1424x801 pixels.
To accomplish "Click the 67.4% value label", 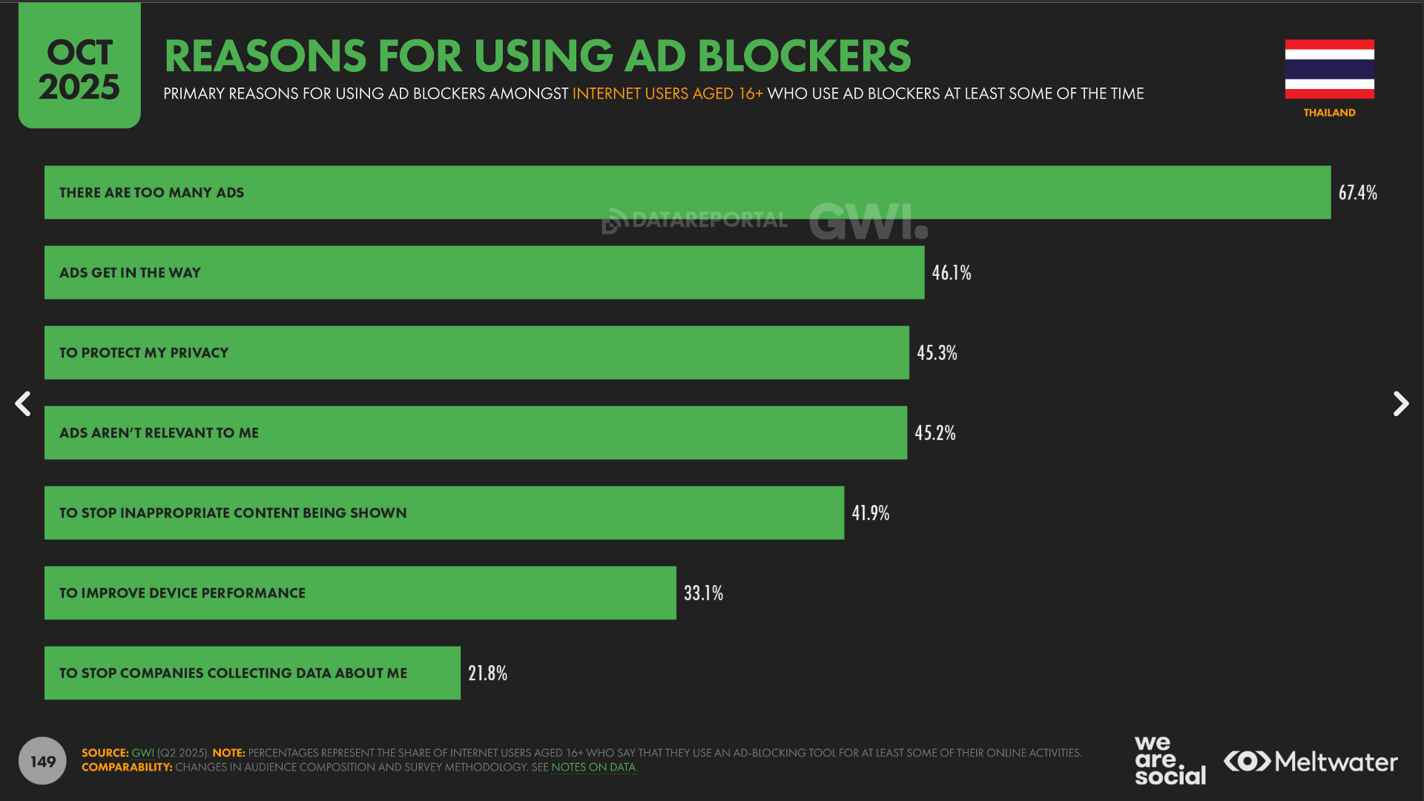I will click(1357, 193).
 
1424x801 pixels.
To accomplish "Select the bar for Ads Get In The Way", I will click(484, 273).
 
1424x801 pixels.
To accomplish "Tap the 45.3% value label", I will click(937, 353).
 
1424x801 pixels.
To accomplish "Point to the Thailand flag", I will click(1329, 69).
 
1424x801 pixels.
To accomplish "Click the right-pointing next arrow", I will click(1400, 404).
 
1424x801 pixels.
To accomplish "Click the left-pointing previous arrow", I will click(23, 404).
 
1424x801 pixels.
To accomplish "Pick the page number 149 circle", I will click(42, 761).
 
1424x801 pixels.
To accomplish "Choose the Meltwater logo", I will click(1311, 762).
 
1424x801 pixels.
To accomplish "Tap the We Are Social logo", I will click(1170, 760).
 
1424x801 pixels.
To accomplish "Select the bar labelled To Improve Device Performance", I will click(360, 593).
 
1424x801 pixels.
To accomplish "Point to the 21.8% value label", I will click(487, 673).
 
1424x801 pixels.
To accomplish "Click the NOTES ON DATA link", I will click(593, 768).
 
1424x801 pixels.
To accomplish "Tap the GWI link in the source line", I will click(142, 753).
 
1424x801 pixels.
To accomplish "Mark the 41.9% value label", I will click(870, 513).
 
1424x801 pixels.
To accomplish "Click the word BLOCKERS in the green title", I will click(804, 56).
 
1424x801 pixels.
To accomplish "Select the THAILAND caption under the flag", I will click(1329, 113).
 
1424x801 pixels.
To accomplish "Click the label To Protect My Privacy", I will click(144, 353).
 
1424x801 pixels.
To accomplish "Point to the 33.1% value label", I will click(703, 593).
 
